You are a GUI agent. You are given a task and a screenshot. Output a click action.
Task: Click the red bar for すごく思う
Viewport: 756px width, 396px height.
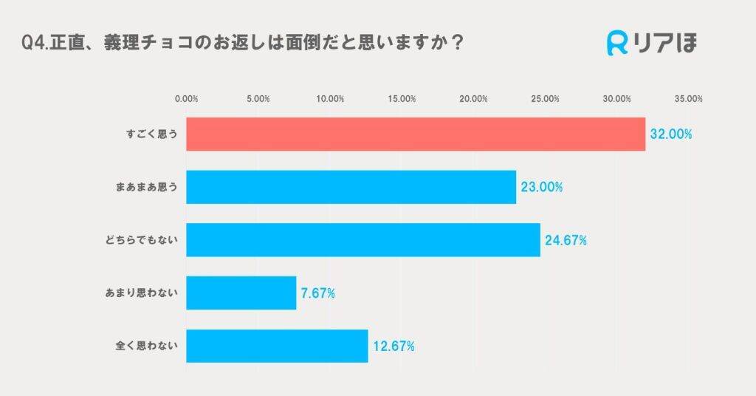pyautogui.click(x=415, y=134)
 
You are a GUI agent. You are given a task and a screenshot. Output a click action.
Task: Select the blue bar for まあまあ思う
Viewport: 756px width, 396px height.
pyautogui.click(x=351, y=187)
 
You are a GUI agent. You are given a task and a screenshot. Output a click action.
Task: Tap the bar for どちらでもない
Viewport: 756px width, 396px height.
pyautogui.click(x=362, y=240)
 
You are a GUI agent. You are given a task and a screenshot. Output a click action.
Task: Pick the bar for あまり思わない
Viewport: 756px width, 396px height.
pyautogui.click(x=241, y=293)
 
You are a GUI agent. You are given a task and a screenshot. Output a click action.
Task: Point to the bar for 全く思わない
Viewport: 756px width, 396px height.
pyautogui.click(x=277, y=346)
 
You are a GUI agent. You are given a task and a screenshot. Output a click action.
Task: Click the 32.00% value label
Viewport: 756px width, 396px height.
pyautogui.click(x=670, y=134)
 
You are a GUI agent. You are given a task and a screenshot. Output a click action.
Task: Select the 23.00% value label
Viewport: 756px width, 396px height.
pyautogui.click(x=541, y=188)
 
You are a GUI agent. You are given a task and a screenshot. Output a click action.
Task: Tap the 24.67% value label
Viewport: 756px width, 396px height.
pyautogui.click(x=566, y=240)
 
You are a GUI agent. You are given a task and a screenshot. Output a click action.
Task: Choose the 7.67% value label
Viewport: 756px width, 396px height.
pyautogui.click(x=318, y=293)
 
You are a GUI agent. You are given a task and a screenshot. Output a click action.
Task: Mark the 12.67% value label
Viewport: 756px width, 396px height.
pyautogui.click(x=394, y=346)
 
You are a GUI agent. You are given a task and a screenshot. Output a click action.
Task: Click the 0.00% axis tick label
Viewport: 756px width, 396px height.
pyautogui.click(x=186, y=99)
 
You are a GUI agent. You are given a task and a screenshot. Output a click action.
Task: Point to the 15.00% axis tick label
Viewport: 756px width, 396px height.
pyautogui.click(x=402, y=99)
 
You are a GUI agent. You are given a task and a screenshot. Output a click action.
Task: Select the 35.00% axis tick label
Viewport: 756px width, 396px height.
pyautogui.click(x=689, y=99)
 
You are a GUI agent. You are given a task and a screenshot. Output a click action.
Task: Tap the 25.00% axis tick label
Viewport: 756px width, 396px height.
pyautogui.click(x=545, y=99)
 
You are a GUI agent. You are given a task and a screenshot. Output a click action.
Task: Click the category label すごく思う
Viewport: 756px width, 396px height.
pyautogui.click(x=151, y=134)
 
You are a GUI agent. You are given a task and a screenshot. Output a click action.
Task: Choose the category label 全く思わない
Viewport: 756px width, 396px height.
pyautogui.click(x=147, y=346)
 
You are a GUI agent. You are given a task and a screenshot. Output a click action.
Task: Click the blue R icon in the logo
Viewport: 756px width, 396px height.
pyautogui.click(x=617, y=44)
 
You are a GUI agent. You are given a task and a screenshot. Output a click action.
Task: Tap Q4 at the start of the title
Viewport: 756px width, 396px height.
pyautogui.click(x=32, y=44)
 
